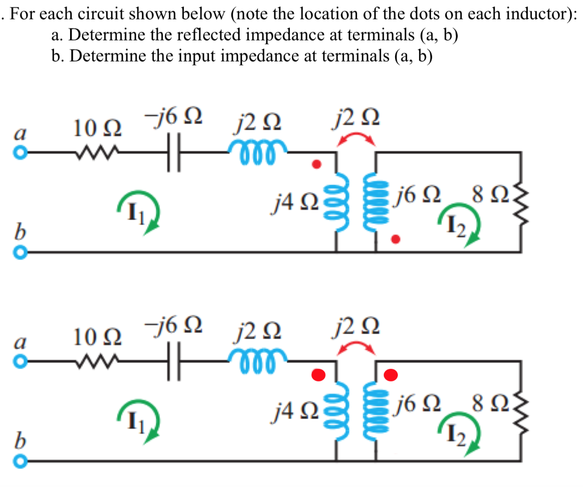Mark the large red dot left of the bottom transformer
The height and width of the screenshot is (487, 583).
319,374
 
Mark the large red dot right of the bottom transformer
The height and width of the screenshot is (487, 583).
391,374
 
